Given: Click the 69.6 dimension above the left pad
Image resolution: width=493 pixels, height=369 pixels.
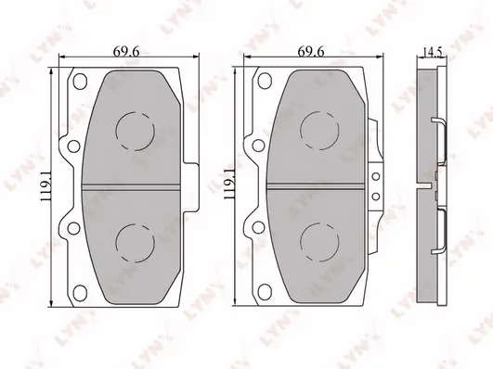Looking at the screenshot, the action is click(x=126, y=52).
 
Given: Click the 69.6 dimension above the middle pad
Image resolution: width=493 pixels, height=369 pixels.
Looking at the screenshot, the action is click(x=311, y=52).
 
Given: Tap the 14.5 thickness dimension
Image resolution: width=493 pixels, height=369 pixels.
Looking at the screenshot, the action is click(x=433, y=52).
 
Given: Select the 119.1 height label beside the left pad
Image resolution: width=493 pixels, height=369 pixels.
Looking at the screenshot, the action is click(x=46, y=188).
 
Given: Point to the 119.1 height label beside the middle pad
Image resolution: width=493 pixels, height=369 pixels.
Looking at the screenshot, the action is click(x=228, y=184).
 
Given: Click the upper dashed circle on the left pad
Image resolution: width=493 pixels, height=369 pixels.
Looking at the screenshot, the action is click(x=136, y=131).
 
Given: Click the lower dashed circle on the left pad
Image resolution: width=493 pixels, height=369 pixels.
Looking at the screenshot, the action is click(x=136, y=243).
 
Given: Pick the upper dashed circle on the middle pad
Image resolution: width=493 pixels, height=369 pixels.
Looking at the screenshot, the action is click(x=319, y=131).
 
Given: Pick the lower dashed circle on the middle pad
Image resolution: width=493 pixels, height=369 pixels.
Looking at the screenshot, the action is click(x=319, y=242).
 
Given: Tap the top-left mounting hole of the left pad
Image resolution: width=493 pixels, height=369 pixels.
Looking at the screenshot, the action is click(x=80, y=81).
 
